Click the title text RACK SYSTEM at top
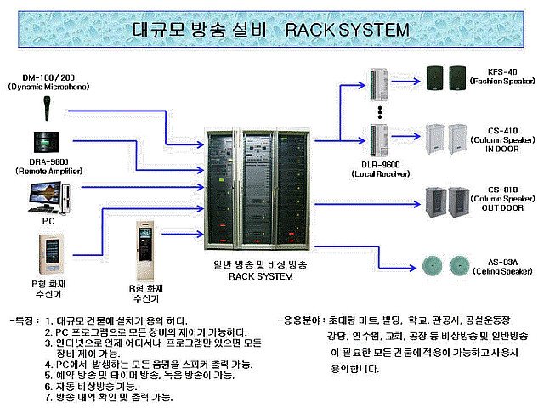347,30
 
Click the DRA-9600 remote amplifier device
48,144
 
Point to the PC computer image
48,196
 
